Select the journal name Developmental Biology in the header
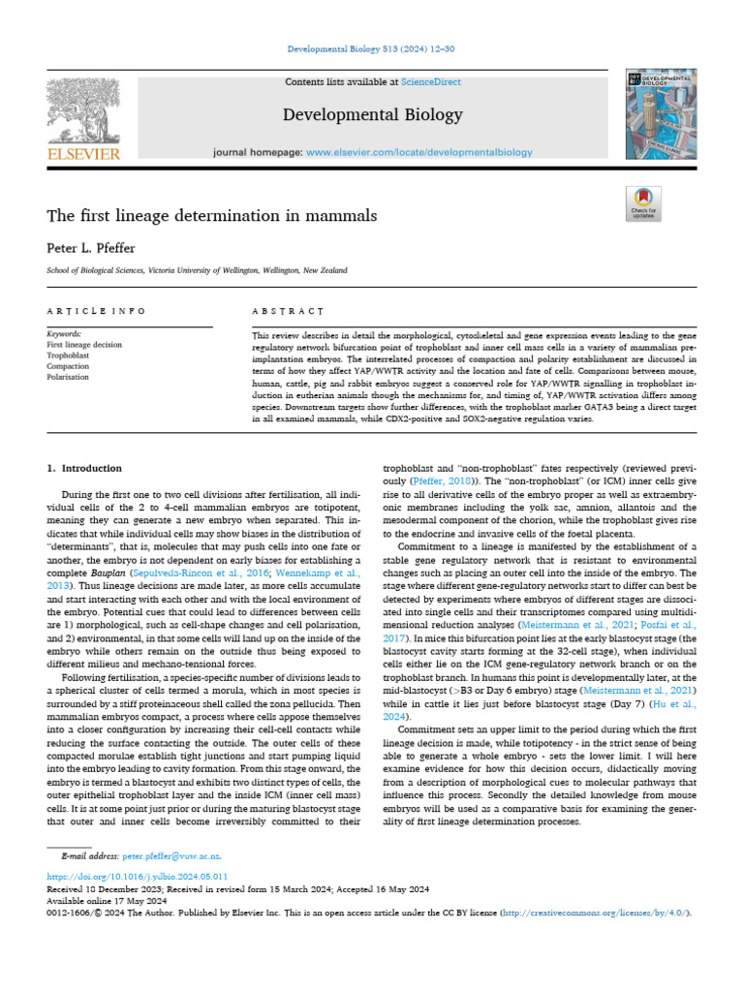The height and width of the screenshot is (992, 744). (372, 115)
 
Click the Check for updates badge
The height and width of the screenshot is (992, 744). (643, 203)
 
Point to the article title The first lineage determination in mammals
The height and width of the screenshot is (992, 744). (212, 215)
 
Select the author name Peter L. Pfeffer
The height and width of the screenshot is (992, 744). (92, 247)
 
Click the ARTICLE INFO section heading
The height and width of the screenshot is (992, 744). (97, 311)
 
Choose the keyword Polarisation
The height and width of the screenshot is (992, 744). (69, 377)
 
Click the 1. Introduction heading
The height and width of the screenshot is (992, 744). (85, 468)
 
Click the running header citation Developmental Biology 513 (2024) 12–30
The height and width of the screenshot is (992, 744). (372, 49)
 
